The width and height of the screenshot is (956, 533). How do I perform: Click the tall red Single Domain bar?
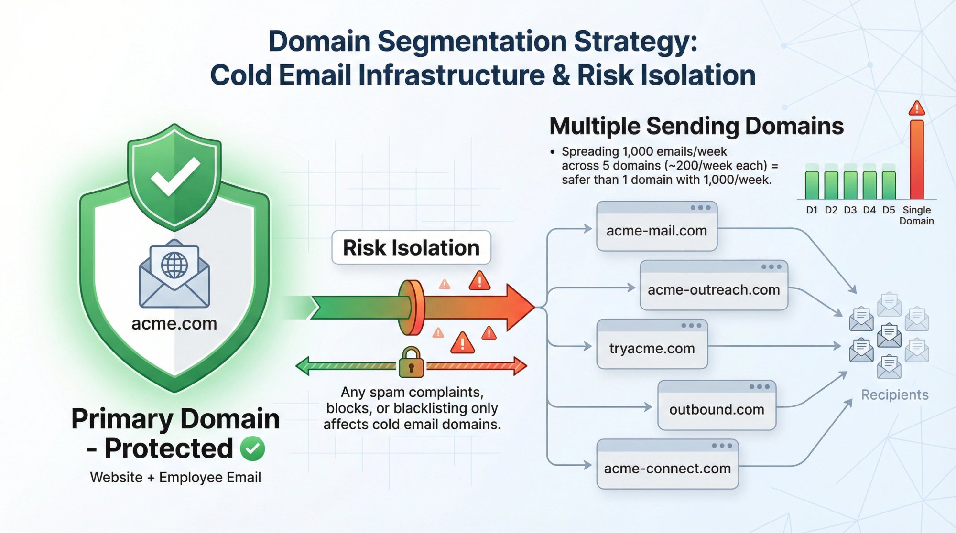tap(916, 160)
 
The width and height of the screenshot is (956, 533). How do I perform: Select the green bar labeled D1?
tap(812, 185)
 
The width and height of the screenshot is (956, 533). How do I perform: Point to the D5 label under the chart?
tap(888, 210)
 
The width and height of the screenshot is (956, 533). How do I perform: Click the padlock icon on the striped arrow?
tap(411, 362)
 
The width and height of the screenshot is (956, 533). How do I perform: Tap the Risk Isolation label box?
tap(411, 247)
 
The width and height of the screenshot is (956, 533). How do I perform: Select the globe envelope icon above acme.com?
tap(174, 274)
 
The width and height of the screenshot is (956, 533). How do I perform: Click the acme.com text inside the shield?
tap(174, 323)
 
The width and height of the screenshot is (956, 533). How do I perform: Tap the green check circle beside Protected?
tap(252, 448)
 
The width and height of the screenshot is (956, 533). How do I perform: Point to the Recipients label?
tap(894, 394)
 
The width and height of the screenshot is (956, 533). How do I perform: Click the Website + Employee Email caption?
tap(175, 477)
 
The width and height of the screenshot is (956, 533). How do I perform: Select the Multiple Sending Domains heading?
tap(696, 126)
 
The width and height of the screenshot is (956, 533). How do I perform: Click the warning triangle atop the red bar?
tap(916, 108)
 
